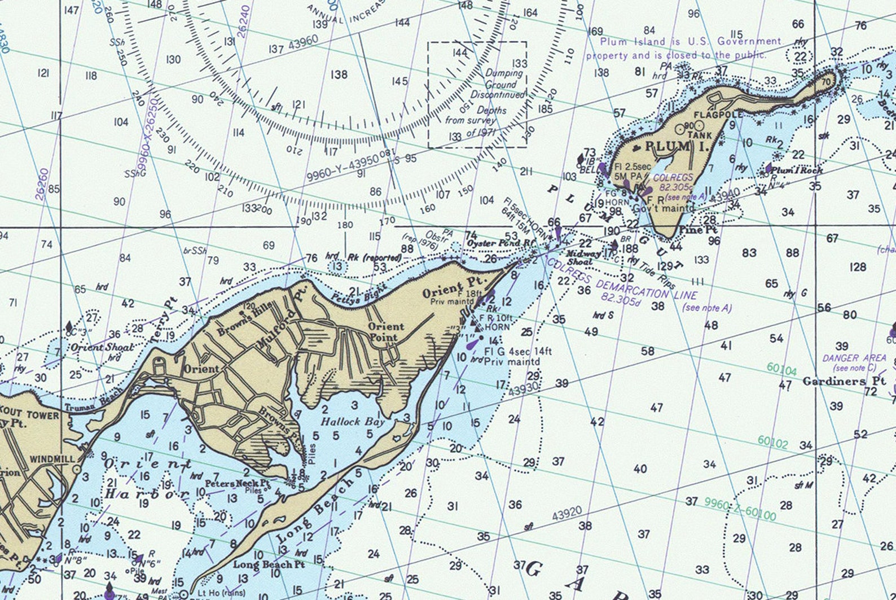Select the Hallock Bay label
coord(353,421)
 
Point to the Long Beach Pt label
coord(269,564)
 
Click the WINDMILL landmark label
coord(52,459)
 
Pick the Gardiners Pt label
coord(844,381)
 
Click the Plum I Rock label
coord(797,170)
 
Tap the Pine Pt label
coord(698,230)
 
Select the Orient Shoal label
coord(103,347)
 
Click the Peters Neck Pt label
coord(237,483)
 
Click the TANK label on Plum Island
coord(700,135)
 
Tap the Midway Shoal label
coord(580,258)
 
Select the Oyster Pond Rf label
coord(500,243)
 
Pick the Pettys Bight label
coord(359,291)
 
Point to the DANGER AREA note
coord(854,358)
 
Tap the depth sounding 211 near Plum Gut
coord(526,171)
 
